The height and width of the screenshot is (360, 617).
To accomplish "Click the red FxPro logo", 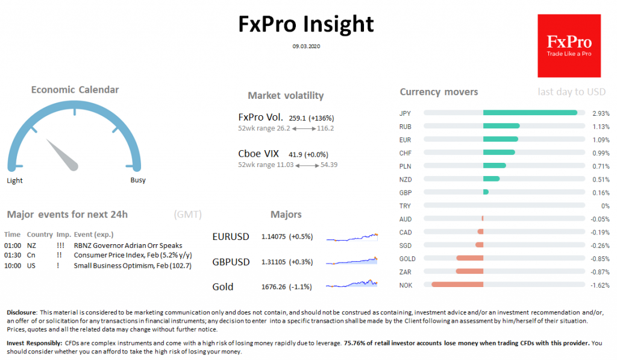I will click(569, 46).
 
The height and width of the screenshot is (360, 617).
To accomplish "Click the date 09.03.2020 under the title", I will click(306, 46).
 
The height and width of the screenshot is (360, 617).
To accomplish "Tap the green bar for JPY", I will click(530, 113).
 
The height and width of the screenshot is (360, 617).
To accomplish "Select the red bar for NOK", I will click(457, 285).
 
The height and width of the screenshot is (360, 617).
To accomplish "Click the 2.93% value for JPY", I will click(600, 113).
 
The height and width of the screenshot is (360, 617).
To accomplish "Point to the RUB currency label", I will click(405, 127).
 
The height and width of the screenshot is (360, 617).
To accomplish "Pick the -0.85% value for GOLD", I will click(599, 259).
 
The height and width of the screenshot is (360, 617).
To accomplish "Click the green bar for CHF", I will click(499, 153).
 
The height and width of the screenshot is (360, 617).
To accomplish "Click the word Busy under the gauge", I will click(138, 180).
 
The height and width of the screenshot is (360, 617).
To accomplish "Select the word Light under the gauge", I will click(15, 180).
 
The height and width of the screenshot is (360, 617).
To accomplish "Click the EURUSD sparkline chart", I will click(352, 237).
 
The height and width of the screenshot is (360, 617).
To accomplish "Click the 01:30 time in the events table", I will click(13, 256).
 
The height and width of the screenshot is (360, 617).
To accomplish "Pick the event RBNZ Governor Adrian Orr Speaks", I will click(128, 246).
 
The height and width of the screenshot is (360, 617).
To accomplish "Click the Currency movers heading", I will click(439, 92).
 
